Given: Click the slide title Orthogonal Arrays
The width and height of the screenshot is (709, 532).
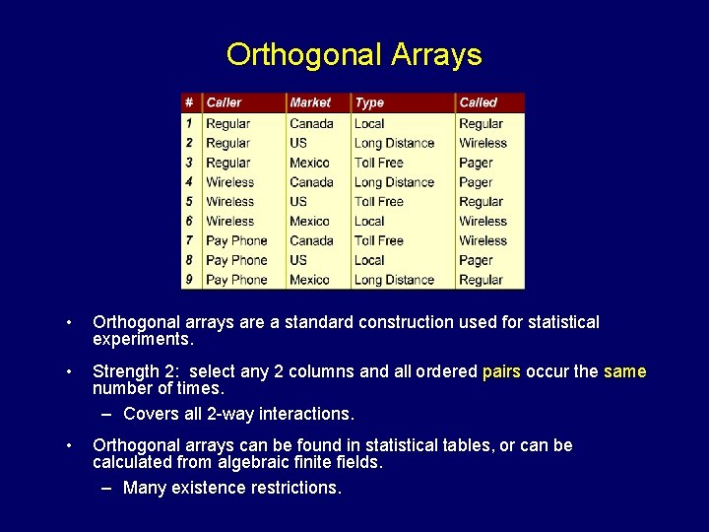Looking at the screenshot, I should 354,54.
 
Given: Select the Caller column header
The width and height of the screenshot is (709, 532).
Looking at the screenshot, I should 224,102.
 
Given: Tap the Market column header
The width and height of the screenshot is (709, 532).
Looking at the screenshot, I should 310,102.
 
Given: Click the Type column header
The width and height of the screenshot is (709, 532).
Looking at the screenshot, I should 369,102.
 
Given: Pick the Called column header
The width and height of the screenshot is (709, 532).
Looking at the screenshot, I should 478,102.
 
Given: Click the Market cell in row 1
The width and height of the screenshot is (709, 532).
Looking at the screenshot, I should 311,124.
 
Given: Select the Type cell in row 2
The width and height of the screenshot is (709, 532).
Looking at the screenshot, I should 394,143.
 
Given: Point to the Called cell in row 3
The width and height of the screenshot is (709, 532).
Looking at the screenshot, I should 476,163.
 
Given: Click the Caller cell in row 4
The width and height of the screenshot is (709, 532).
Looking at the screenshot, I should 229,182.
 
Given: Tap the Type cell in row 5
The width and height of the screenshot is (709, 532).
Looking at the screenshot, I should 379,202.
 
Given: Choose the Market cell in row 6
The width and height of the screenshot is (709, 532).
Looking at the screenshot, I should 309,222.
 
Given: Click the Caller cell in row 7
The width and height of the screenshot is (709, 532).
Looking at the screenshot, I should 236,240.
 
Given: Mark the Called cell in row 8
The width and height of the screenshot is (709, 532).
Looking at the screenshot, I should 476,260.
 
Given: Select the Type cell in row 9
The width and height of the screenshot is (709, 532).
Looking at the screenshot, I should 394,280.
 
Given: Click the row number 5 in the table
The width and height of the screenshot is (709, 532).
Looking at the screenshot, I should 189,202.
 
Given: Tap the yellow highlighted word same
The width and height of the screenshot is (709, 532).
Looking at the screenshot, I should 624,371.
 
